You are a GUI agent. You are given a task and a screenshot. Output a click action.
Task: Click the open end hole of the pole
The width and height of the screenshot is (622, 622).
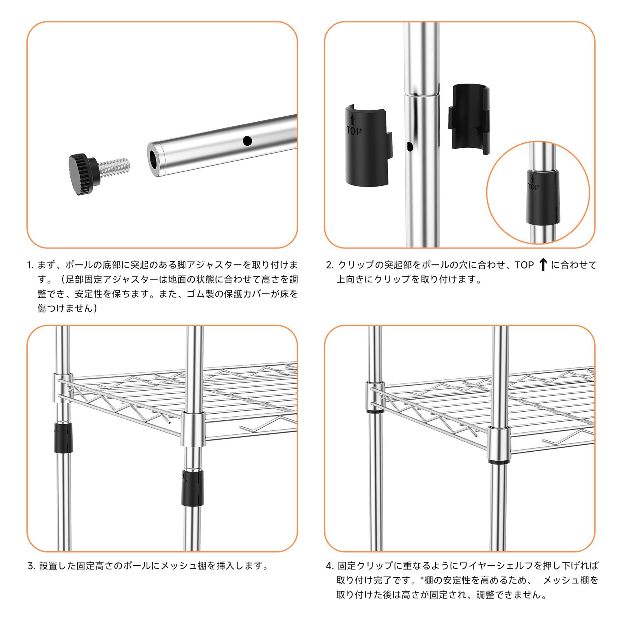coord(154,160)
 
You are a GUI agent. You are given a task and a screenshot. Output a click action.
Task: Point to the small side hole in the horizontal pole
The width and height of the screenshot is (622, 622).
coord(247,141)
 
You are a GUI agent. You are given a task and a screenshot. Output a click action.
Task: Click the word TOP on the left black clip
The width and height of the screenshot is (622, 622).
coord(354,131)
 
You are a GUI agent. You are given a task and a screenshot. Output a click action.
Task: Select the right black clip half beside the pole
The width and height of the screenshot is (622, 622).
coord(469,119)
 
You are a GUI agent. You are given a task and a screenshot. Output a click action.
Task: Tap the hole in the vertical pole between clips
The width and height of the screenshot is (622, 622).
coord(409,147)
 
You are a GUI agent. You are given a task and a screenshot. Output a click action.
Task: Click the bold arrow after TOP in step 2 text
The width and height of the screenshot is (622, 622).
coord(543,265)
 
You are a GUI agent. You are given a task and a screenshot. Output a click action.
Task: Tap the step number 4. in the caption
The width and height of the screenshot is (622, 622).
coord(330,566)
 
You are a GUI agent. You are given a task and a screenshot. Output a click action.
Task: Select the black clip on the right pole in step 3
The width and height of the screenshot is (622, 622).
coord(192,487)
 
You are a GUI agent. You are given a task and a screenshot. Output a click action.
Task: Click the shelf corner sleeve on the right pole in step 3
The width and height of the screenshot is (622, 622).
coord(193,429)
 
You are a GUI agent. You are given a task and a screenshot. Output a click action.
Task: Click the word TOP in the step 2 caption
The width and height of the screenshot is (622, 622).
coord(524,265)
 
